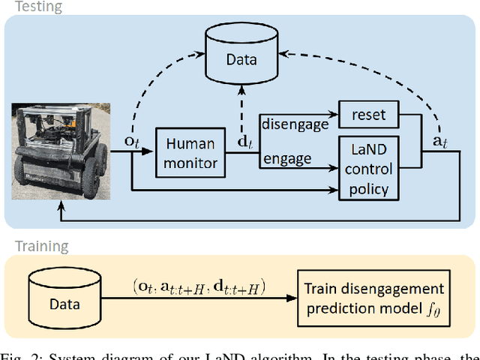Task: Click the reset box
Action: point(367,115)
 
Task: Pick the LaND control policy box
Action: point(367,169)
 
